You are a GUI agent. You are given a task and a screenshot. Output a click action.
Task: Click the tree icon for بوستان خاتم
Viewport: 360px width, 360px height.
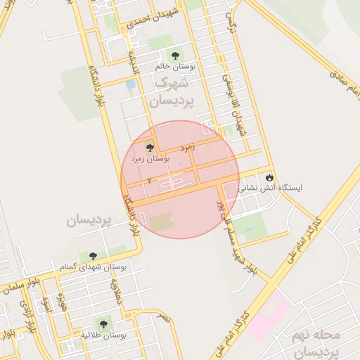[x=174, y=55]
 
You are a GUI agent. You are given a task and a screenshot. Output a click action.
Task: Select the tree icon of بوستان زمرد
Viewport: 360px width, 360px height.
[x=150, y=148]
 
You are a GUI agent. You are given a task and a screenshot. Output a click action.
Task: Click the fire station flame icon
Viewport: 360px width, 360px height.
[x=269, y=176]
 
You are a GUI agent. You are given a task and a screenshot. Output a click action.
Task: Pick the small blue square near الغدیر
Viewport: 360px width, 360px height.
[x=131, y=86]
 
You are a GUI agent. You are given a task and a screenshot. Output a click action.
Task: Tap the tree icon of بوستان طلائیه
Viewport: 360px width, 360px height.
[x=104, y=324]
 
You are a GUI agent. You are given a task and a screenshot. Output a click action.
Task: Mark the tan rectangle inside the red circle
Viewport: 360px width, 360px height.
[x=162, y=223]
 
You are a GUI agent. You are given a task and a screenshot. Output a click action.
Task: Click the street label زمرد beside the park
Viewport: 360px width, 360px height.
[x=186, y=148]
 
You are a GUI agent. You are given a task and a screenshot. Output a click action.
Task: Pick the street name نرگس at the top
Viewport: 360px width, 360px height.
[x=229, y=22]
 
